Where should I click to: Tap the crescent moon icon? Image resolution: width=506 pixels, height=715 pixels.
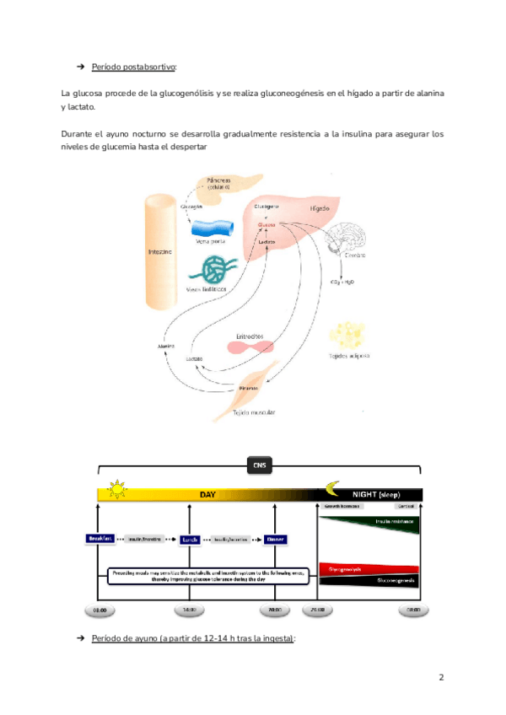pos(334,488)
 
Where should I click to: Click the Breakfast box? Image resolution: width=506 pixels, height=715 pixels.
pos(99,538)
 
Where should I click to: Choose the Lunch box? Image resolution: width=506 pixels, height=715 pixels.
pos(188,538)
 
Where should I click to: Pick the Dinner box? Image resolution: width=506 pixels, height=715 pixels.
pos(275,538)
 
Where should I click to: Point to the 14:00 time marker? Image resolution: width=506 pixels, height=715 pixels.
pos(188,609)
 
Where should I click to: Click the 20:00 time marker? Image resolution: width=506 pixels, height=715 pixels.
pos(275,609)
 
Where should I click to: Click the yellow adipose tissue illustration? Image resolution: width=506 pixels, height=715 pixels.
pos(348,336)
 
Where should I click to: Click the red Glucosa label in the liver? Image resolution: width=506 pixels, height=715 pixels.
pos(266,225)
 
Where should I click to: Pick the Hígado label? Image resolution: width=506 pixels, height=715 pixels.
pos(319,207)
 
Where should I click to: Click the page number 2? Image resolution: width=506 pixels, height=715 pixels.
pos(441,677)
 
